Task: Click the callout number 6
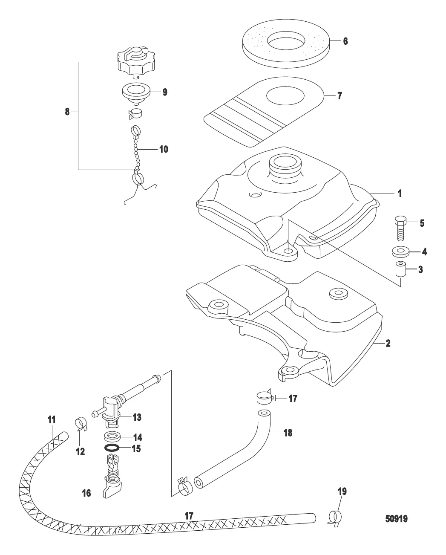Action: (x=345, y=41)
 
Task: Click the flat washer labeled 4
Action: (x=400, y=251)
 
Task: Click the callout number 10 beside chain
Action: (x=164, y=149)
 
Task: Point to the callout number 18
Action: (x=288, y=433)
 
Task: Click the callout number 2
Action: (x=388, y=343)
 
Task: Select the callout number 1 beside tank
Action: (x=399, y=193)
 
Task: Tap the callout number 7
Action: (x=339, y=95)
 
